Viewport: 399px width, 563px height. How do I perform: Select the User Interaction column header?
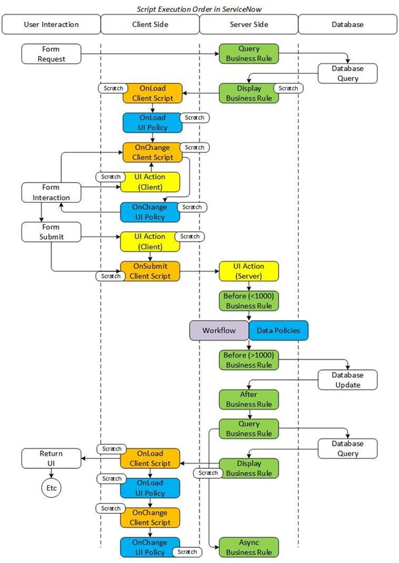(x=51, y=24)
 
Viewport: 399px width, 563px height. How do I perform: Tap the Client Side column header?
(x=149, y=24)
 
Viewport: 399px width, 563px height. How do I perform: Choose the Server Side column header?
(x=248, y=24)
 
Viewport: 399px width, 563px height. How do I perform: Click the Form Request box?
(x=51, y=54)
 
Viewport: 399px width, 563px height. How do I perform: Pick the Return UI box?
(x=51, y=458)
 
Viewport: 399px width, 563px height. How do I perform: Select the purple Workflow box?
(x=219, y=330)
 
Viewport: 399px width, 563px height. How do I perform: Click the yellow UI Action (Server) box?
(x=249, y=271)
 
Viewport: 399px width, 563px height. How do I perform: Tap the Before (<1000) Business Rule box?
(x=249, y=300)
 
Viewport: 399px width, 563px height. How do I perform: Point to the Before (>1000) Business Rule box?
(x=249, y=360)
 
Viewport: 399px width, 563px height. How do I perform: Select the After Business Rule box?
(x=249, y=399)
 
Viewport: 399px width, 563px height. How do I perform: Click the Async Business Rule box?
(x=249, y=547)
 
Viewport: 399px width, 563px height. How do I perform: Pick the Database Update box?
(x=348, y=380)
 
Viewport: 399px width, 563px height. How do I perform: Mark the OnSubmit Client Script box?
(x=150, y=271)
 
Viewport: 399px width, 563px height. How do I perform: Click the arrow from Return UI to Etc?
(x=51, y=473)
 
